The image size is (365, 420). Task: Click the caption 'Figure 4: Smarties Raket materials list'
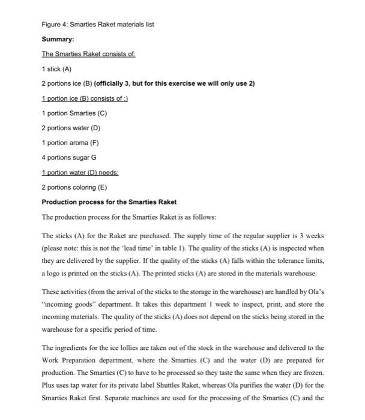[98, 24]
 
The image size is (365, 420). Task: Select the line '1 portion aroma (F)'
[70, 142]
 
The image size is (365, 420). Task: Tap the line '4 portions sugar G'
[68, 157]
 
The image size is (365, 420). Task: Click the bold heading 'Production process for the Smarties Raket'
[109, 201]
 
